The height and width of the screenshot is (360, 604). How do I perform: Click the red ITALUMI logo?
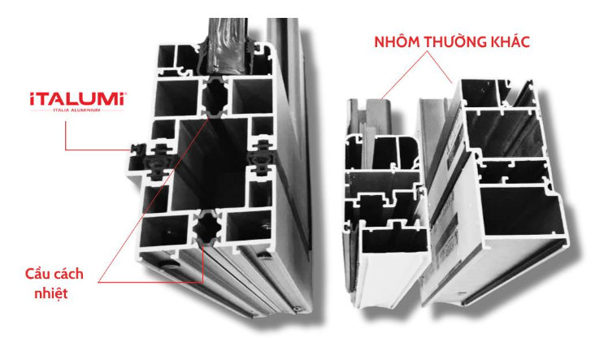pyautogui.click(x=78, y=99)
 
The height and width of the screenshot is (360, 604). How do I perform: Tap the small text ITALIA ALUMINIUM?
pyautogui.click(x=76, y=111)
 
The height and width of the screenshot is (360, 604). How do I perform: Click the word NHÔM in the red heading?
pyautogui.click(x=398, y=42)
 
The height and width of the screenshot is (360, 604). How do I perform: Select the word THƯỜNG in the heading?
pyautogui.click(x=455, y=41)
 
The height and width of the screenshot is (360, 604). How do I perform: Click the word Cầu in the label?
pyautogui.click(x=37, y=274)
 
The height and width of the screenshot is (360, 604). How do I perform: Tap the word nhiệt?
pyautogui.click(x=51, y=293)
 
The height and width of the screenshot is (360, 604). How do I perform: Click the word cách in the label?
pyautogui.click(x=68, y=274)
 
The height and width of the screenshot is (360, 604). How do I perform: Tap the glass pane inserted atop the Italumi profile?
pyautogui.click(x=228, y=46)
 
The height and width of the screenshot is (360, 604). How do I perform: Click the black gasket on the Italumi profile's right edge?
pyautogui.click(x=261, y=158)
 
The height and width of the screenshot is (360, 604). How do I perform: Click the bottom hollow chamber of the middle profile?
pyautogui.click(x=395, y=241)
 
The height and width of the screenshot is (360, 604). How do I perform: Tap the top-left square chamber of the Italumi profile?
pyautogui.click(x=166, y=56)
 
